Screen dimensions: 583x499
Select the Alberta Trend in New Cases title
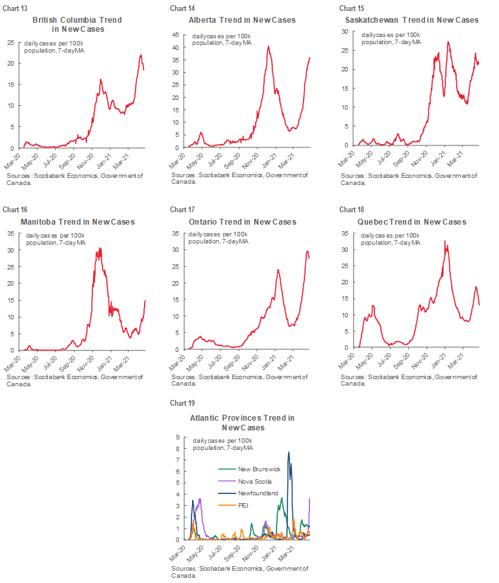242,20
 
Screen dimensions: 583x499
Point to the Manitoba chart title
77,222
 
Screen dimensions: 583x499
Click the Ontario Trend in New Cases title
242,222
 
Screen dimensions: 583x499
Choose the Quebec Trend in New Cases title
413,222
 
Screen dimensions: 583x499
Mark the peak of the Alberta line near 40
268,46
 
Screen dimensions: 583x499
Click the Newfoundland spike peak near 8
289,452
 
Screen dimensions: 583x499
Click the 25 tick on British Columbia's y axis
10,42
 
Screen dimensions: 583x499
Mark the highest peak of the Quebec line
444,241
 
